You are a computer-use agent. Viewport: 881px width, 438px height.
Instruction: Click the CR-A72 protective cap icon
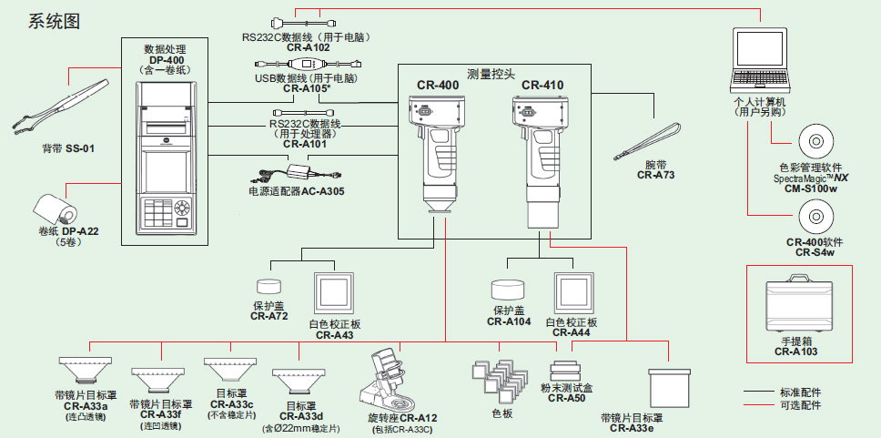point(269,287)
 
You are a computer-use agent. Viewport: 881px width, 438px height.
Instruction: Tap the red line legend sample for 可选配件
point(759,405)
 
